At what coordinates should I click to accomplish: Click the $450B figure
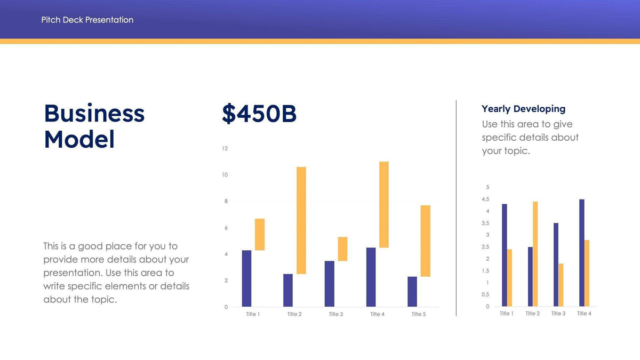tap(259, 114)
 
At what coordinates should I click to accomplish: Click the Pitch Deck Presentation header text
tap(87, 20)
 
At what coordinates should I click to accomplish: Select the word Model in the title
tap(79, 139)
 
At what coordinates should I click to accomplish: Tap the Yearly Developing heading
tap(523, 109)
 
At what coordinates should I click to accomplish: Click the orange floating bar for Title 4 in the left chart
tap(383, 204)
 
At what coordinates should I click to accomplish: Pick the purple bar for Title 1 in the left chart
tap(246, 278)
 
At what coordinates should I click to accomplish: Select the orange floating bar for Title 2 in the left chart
tap(301, 220)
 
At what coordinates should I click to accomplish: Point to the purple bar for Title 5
tap(412, 291)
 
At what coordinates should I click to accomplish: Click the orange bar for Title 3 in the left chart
tap(342, 249)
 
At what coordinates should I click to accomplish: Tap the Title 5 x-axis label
tap(419, 314)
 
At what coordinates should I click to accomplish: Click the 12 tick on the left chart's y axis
tap(225, 148)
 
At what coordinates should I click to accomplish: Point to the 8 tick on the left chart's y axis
tap(226, 201)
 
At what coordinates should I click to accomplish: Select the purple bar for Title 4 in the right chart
tap(582, 253)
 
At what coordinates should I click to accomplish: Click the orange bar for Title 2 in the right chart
tap(535, 254)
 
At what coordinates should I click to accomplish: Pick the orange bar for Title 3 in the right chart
tap(561, 285)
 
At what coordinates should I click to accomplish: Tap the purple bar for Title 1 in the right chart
tap(504, 255)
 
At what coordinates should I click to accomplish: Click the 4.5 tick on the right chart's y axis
tap(485, 199)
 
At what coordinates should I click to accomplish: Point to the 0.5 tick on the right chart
tap(485, 294)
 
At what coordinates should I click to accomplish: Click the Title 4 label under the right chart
tap(584, 314)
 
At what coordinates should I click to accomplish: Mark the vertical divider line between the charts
tap(456, 208)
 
